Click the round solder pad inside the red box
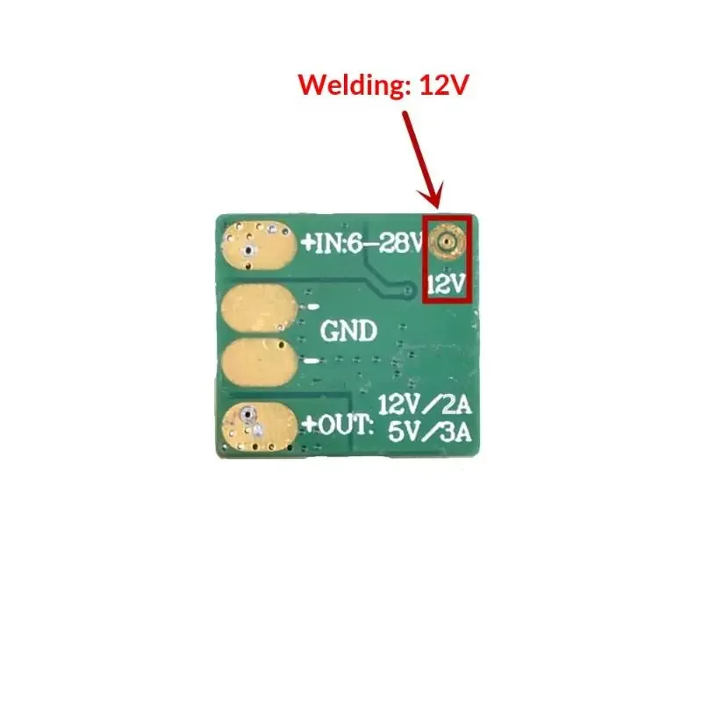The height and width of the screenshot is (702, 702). (448, 239)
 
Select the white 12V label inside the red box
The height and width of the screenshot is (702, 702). (448, 283)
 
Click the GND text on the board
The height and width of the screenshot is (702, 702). (349, 331)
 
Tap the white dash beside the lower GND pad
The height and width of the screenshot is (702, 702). (312, 361)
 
